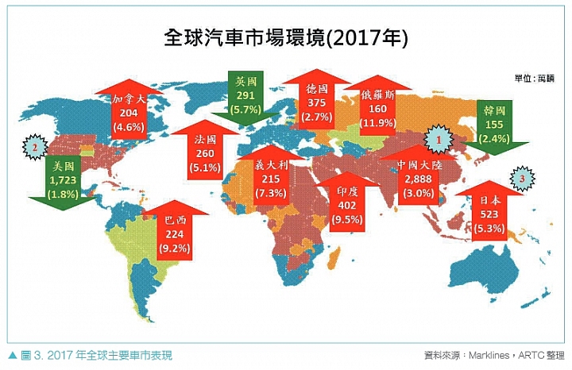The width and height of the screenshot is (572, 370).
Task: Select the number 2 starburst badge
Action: point(35,146)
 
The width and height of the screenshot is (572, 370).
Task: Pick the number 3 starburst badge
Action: point(521,179)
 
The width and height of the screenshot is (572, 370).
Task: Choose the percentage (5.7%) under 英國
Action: point(244,108)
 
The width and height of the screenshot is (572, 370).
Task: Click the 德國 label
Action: point(316,90)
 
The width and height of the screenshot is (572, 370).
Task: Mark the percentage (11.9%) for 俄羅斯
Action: point(377,122)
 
